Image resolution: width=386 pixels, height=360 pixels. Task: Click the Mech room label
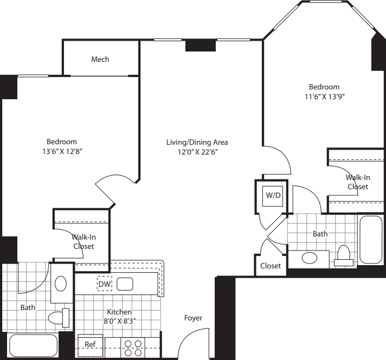click(x=100, y=59)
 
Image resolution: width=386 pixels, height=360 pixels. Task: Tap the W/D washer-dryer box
click(x=273, y=196)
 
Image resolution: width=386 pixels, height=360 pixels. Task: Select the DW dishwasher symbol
click(x=105, y=284)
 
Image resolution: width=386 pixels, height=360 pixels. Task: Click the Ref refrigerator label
click(x=90, y=344)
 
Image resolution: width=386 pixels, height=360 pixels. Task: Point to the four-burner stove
click(x=133, y=348)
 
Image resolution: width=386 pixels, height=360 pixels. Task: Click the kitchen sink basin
click(x=125, y=284)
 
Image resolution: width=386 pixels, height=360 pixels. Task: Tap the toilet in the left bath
click(x=59, y=318)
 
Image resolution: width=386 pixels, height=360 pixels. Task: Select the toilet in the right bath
click(x=344, y=255)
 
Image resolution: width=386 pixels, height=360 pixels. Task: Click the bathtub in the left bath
click(x=34, y=345)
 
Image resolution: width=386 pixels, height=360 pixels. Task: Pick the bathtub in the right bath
click(x=371, y=240)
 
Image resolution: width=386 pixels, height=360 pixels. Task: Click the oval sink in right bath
click(x=310, y=258)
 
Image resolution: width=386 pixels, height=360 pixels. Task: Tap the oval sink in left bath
click(x=61, y=284)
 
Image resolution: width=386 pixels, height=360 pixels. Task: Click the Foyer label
click(x=193, y=318)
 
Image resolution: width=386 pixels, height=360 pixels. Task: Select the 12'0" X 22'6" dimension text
click(x=198, y=152)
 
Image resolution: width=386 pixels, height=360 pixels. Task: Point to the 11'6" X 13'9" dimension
click(x=324, y=97)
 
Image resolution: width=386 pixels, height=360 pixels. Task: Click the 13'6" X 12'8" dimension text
click(x=62, y=151)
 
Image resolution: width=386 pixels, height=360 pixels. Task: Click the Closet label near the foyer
click(x=271, y=266)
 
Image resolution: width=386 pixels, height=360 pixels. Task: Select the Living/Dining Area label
click(x=197, y=143)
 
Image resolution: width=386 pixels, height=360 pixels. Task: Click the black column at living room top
click(x=201, y=46)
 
